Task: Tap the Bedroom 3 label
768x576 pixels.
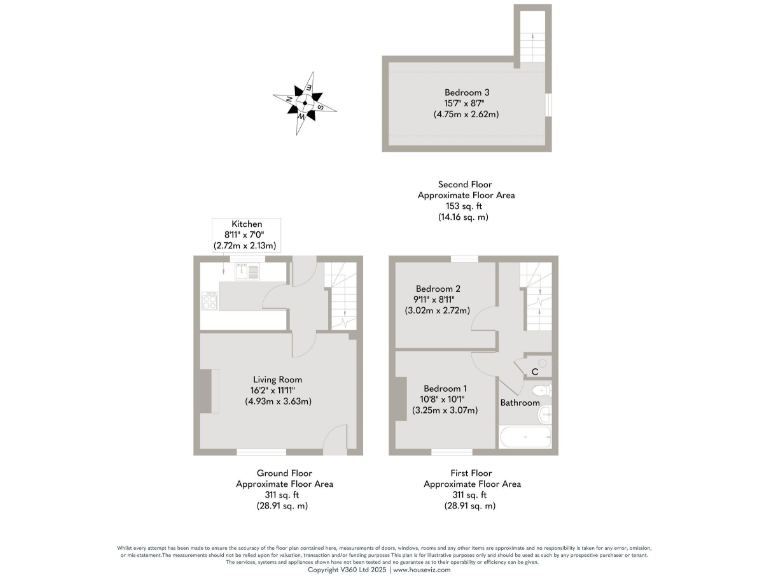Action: click(466, 92)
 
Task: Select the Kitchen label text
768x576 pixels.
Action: click(246, 223)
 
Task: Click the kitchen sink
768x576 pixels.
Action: click(241, 270)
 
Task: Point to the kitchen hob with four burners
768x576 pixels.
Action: click(208, 300)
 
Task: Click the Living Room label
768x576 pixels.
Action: click(277, 379)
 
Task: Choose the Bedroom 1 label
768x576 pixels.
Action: click(445, 388)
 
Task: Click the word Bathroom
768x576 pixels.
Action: click(520, 403)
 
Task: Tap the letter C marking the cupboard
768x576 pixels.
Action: click(536, 372)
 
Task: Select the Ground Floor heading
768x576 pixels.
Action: click(284, 473)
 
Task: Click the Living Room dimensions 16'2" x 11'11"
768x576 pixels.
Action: click(277, 390)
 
